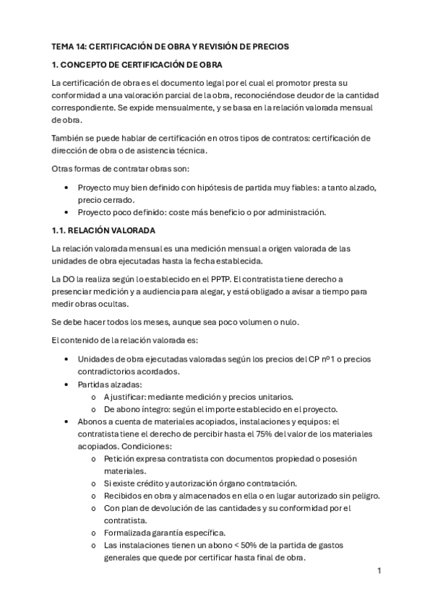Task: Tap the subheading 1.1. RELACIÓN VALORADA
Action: (x=104, y=230)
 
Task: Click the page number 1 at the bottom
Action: (x=379, y=571)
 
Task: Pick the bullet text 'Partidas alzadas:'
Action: (x=110, y=384)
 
